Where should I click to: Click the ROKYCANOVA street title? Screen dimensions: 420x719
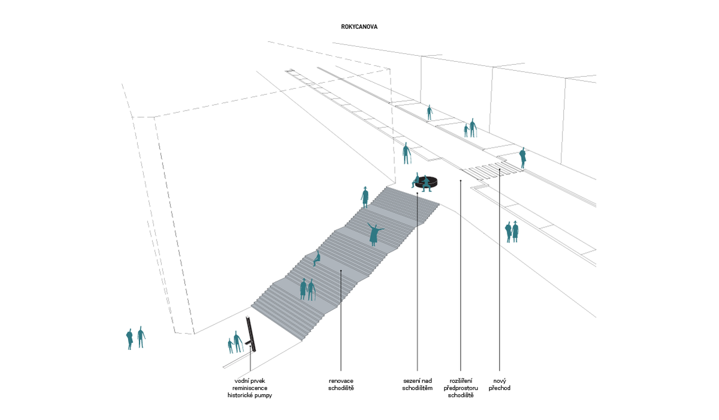[x=359, y=28]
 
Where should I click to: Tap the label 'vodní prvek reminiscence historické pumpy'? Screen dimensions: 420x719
[x=253, y=388]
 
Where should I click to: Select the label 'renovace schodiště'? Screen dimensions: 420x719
[x=341, y=384]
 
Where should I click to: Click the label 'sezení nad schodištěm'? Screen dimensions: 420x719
[x=417, y=384]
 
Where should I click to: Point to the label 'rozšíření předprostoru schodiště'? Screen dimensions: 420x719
[x=461, y=388]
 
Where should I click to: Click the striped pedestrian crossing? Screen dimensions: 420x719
[x=494, y=170]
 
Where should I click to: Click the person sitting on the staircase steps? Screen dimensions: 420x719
[x=316, y=258]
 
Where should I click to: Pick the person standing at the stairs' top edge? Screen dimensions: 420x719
[x=364, y=196]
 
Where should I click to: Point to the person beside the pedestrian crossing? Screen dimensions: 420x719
[x=522, y=157]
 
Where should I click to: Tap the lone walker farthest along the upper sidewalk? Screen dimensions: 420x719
[x=429, y=112]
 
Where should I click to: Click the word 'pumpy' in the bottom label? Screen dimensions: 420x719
[x=267, y=395]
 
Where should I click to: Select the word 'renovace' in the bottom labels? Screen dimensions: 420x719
[x=341, y=380]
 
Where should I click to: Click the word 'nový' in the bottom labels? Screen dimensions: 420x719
[x=499, y=380]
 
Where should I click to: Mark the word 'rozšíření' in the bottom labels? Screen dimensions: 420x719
[x=461, y=380]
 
